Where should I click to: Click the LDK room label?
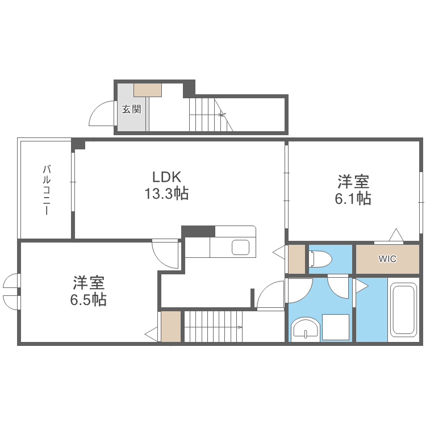(x=166, y=176)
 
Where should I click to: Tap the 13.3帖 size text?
(x=166, y=194)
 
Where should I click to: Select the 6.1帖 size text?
(x=353, y=199)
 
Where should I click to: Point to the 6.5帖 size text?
(x=88, y=300)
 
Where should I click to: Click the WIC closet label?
(x=387, y=259)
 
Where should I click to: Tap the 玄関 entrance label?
(x=132, y=109)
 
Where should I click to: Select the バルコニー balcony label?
(x=47, y=190)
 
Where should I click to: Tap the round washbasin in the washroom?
(x=305, y=330)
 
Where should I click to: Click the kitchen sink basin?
(x=241, y=248)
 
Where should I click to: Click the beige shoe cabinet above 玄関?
(x=148, y=89)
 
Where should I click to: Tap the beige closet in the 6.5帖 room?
(x=170, y=327)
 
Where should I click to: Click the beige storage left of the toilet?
(x=296, y=258)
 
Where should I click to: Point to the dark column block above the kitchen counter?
(x=198, y=231)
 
